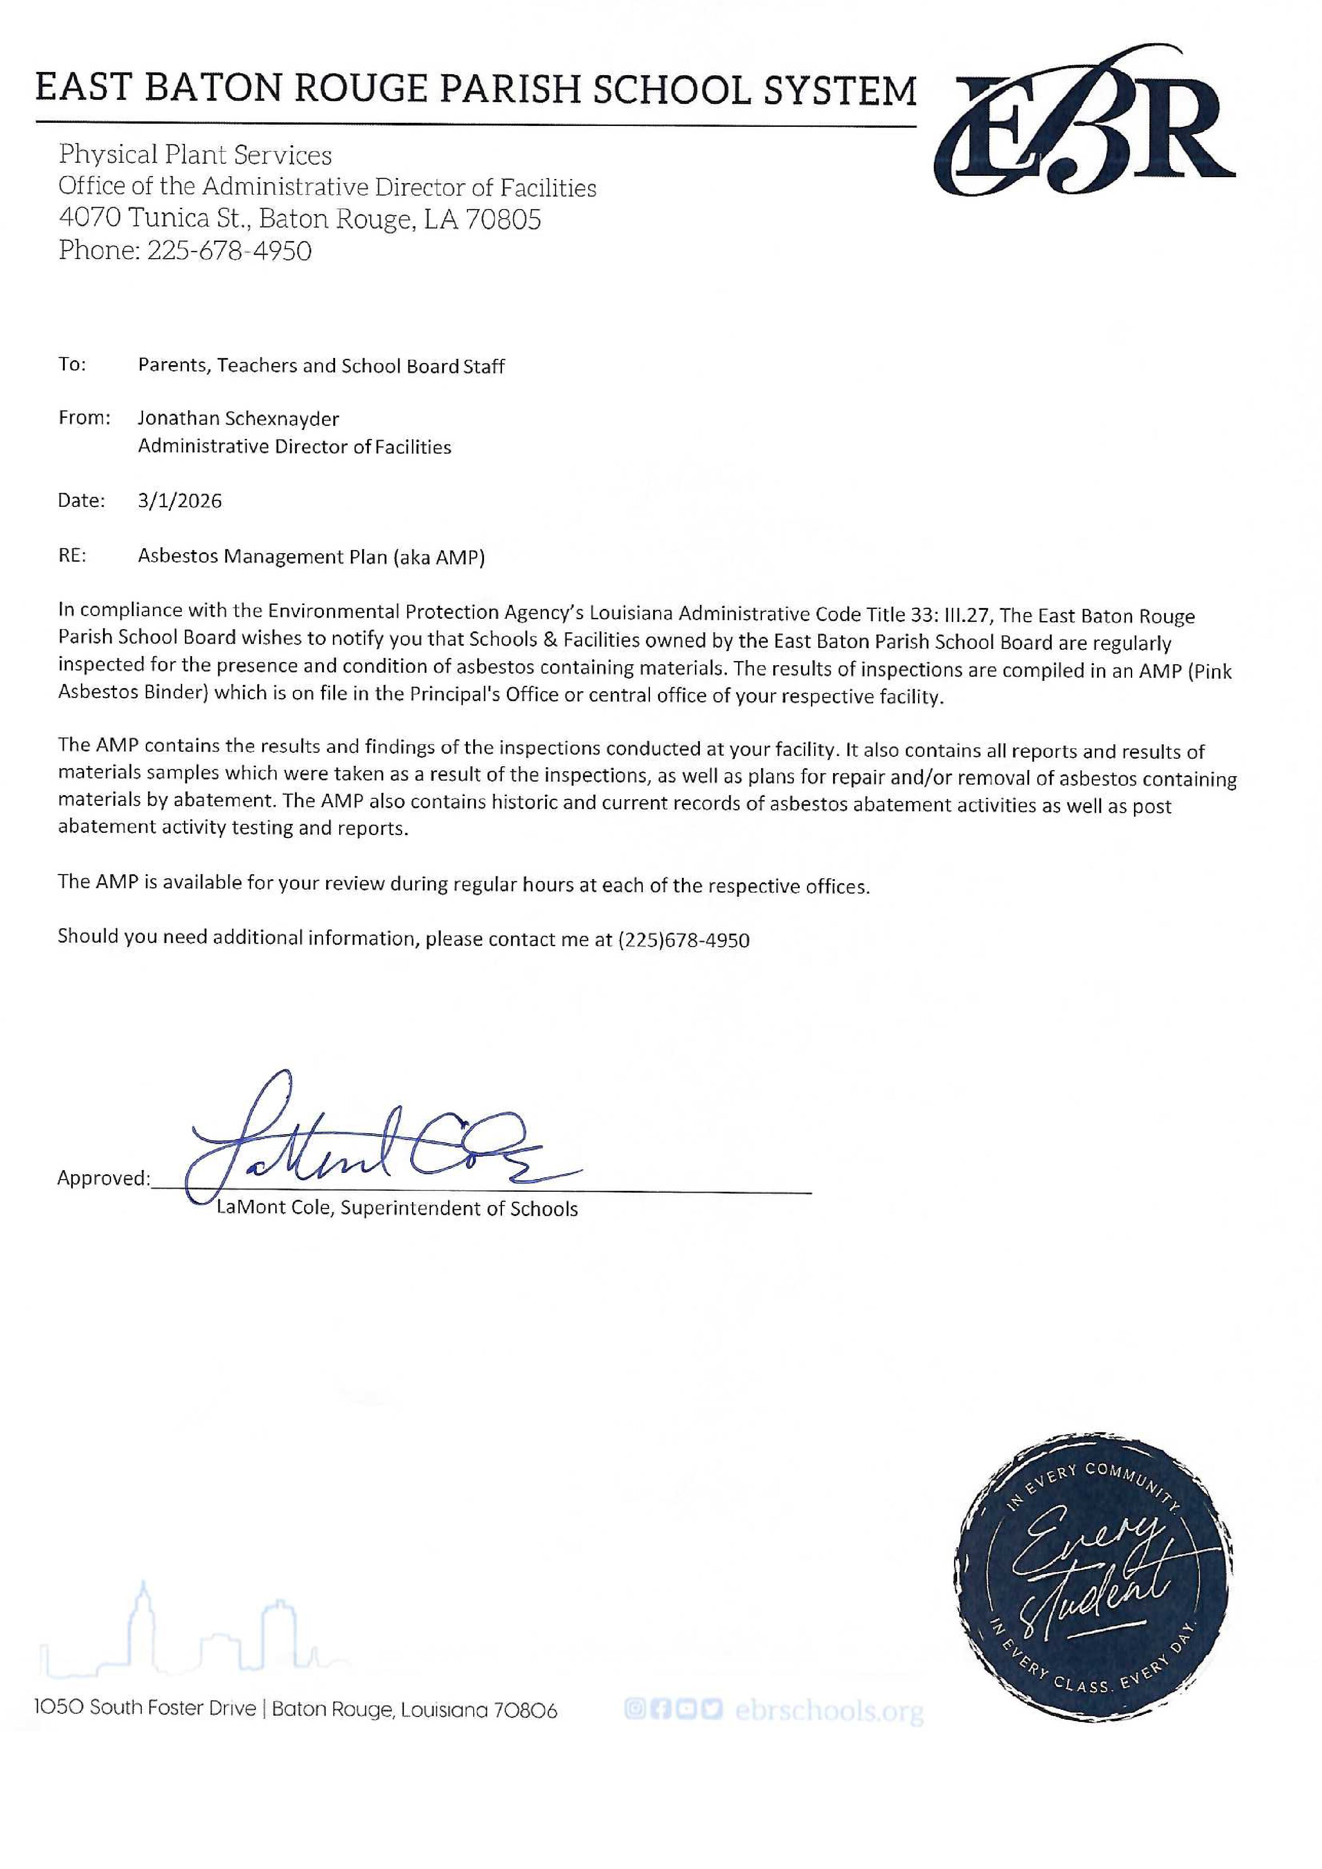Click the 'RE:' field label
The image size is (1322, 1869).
(x=72, y=556)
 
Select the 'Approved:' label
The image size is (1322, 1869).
(x=103, y=1178)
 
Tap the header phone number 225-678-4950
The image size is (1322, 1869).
(x=229, y=251)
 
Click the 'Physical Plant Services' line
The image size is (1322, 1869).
(x=195, y=155)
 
